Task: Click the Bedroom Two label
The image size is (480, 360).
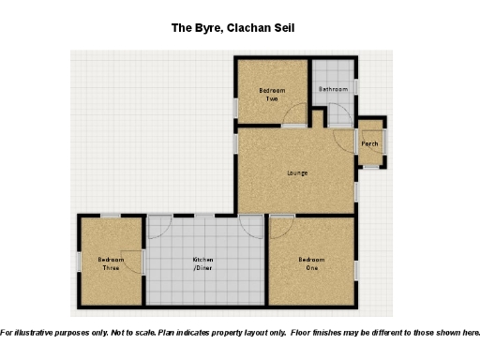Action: [x=272, y=94]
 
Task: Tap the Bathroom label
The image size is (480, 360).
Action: [x=332, y=89]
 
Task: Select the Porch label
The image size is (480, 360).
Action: [x=370, y=143]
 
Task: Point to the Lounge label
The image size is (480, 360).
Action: [x=297, y=172]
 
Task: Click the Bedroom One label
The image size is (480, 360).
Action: [x=312, y=262]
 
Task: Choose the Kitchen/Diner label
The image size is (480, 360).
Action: [x=203, y=262]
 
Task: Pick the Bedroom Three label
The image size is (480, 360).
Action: [x=111, y=262]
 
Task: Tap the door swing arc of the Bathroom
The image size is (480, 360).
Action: [x=339, y=116]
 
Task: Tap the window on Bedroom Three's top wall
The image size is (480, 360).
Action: [x=111, y=216]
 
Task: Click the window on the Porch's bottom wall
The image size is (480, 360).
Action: [x=370, y=166]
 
